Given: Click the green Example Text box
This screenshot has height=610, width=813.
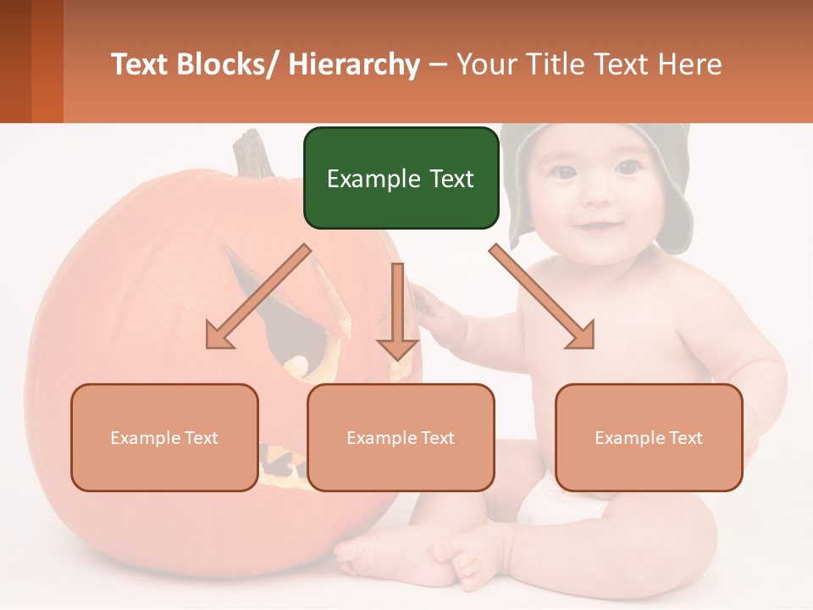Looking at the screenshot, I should click(401, 178).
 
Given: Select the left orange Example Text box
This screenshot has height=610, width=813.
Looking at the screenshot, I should click(164, 437).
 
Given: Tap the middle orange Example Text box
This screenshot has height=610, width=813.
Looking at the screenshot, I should click(401, 437).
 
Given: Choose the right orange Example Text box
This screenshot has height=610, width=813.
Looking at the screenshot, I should click(649, 437).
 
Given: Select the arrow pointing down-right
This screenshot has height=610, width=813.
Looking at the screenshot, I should click(542, 297).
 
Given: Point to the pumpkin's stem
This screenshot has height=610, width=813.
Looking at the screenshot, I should click(253, 152).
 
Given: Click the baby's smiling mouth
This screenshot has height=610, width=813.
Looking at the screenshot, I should click(599, 227).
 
